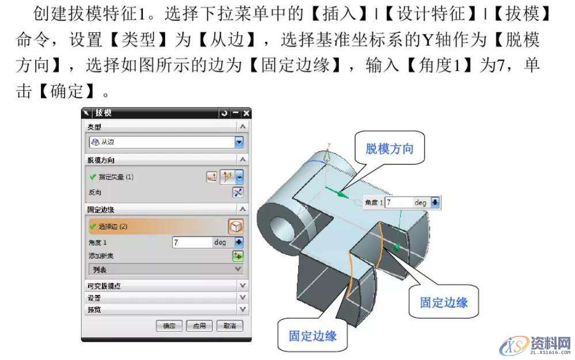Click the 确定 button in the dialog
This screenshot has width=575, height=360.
coord(169,325)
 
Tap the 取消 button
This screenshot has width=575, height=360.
coord(230,325)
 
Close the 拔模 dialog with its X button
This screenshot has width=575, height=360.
coord(246,114)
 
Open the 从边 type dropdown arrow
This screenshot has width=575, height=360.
coord(239,142)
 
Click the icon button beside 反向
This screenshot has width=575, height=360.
coord(238,192)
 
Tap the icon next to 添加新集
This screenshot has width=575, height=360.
coord(238,255)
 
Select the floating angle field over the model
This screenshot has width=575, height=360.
coord(399,202)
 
